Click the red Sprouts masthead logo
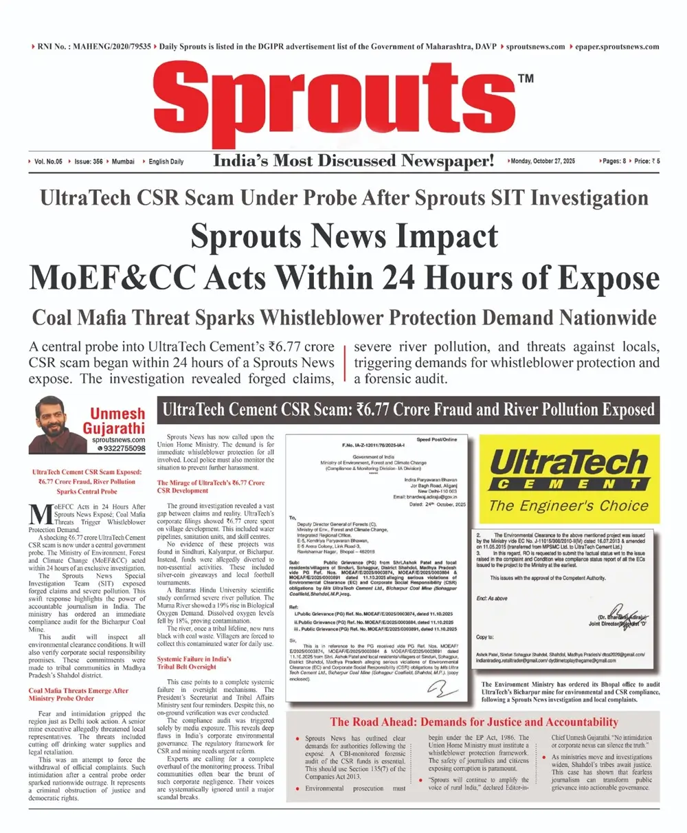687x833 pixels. (x=337, y=103)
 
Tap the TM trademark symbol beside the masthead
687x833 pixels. (x=526, y=79)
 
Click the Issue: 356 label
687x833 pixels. (x=89, y=162)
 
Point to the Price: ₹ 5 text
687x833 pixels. (x=647, y=162)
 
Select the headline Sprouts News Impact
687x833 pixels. (x=343, y=236)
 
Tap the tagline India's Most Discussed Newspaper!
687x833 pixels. (x=354, y=162)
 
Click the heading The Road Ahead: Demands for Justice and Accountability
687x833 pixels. (x=474, y=722)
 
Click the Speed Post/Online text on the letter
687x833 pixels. (x=437, y=438)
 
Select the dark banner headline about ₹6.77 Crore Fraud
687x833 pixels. (x=408, y=411)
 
